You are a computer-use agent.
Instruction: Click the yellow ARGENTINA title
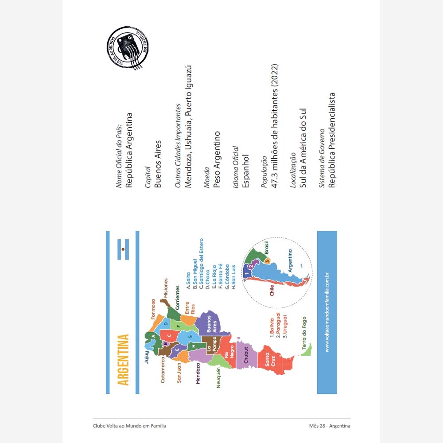coord(124,359)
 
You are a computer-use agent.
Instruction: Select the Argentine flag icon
coord(123,249)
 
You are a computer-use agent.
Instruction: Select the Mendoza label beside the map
coord(198,373)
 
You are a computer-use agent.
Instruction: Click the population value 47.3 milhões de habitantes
coord(275,127)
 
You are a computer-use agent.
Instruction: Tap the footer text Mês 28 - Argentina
coord(330,426)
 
